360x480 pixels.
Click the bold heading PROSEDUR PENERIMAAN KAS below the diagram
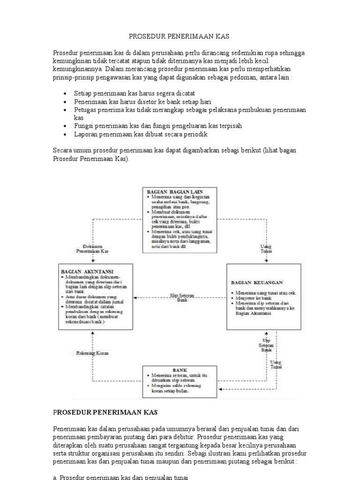point(105,412)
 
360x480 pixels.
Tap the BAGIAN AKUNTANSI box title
point(81,271)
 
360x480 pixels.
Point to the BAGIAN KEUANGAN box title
point(256,283)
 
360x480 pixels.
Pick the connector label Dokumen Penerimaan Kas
point(92,249)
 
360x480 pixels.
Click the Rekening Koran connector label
point(92,352)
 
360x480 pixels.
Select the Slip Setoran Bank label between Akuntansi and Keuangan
point(182,297)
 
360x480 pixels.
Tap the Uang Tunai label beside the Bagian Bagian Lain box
point(266,249)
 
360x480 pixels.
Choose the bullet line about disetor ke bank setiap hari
point(143,101)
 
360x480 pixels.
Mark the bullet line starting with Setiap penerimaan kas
point(135,93)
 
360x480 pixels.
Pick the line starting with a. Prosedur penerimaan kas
point(120,477)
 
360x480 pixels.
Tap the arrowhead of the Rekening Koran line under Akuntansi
point(92,332)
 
